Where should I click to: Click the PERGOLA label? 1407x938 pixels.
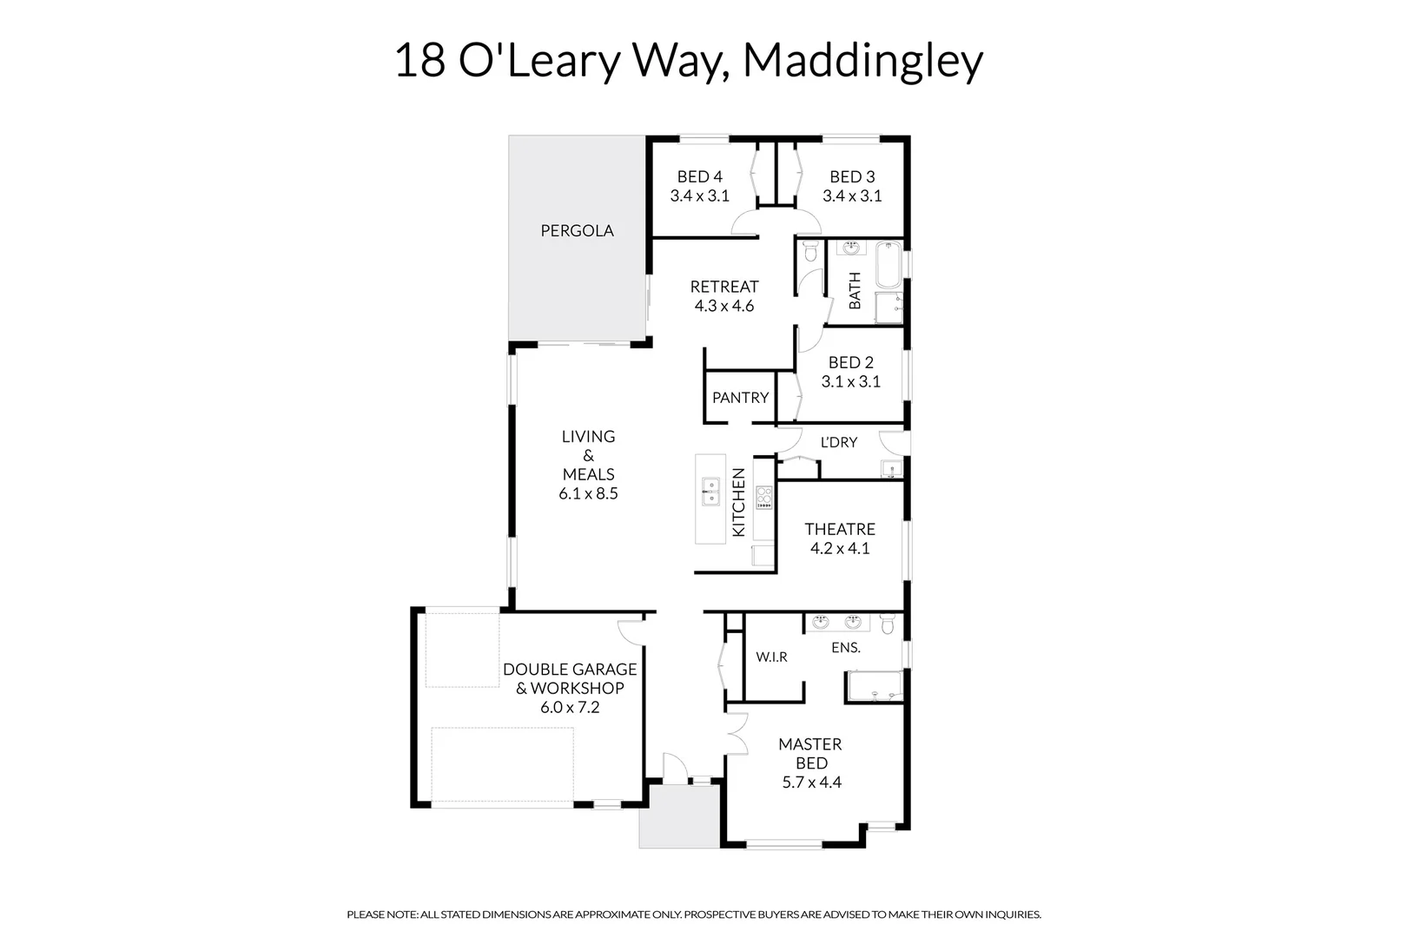pos(577,231)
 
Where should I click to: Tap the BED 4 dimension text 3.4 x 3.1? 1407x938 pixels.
pos(699,196)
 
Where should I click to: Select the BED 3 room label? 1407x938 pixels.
pos(852,177)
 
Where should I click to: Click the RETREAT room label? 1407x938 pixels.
pos(724,287)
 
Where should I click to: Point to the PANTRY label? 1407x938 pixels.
pos(740,398)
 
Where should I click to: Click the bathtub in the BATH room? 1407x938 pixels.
pos(888,266)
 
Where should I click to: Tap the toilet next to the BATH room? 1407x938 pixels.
pos(809,252)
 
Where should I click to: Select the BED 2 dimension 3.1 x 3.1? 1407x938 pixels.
pos(851,382)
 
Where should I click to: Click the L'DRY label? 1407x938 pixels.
pos(838,443)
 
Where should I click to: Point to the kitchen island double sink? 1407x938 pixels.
pos(710,491)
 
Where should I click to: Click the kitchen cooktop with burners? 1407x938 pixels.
pos(764,499)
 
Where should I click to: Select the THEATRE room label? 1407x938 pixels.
pos(840,530)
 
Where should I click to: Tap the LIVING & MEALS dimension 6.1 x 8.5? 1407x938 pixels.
pos(588,494)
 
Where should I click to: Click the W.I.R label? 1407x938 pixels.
pos(771,657)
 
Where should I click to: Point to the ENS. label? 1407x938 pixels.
pos(845,648)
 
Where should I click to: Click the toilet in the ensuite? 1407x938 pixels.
pos(887,624)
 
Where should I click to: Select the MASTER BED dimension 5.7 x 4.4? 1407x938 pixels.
pos(811,783)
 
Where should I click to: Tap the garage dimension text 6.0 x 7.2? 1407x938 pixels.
pos(570,708)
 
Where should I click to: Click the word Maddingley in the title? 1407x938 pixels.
pos(862,61)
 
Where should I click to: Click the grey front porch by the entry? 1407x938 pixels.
pos(679,816)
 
